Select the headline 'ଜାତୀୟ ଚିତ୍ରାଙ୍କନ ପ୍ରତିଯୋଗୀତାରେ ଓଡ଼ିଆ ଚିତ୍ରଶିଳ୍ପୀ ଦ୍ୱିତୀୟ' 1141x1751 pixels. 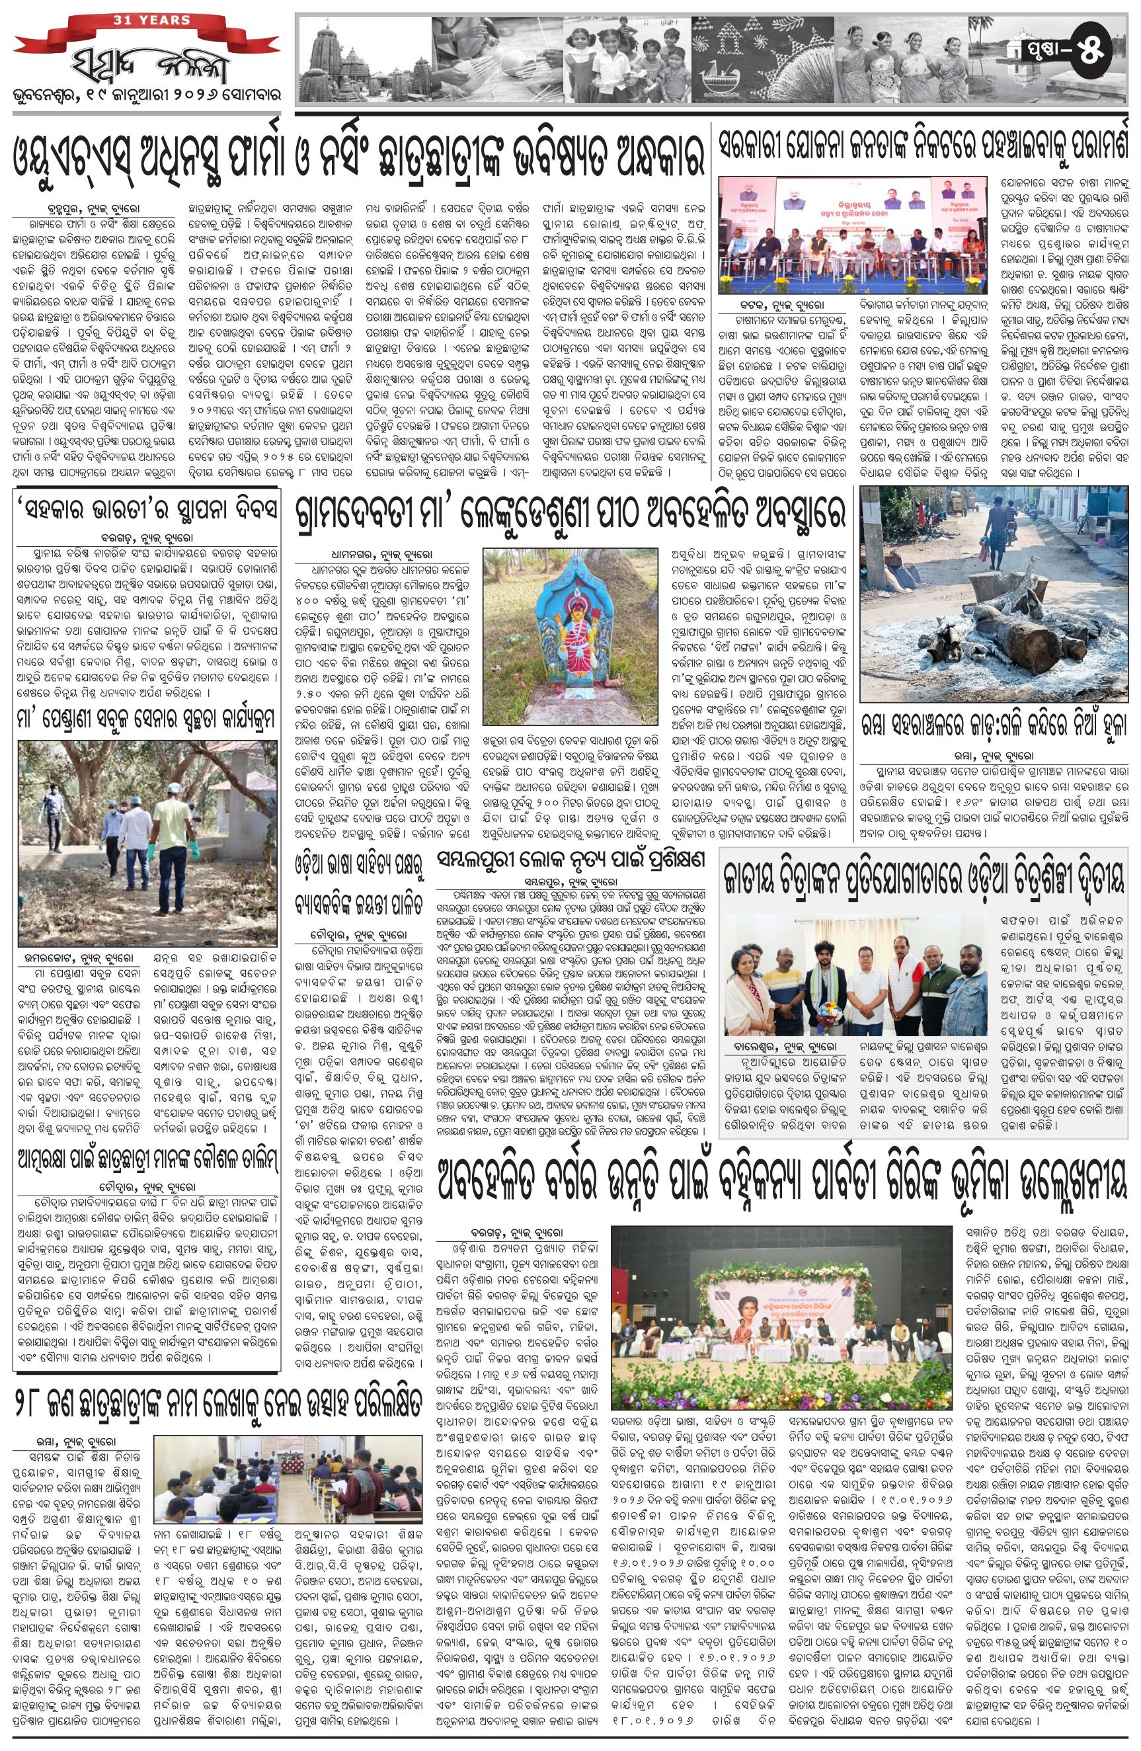(925, 880)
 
